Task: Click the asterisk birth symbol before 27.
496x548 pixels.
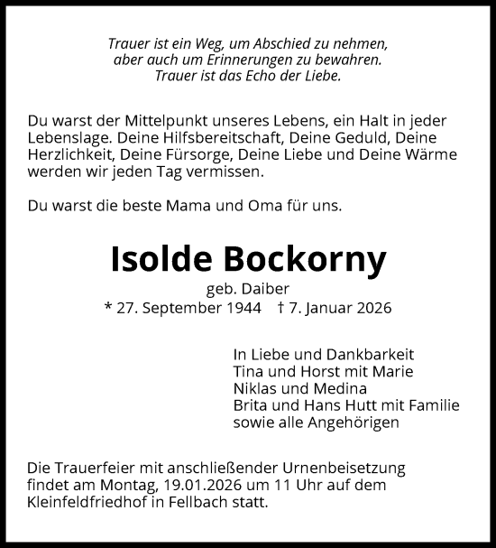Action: click(108, 309)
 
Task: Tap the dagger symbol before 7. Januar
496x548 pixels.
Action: click(281, 309)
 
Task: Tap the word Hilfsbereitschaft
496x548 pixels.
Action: click(221, 138)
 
